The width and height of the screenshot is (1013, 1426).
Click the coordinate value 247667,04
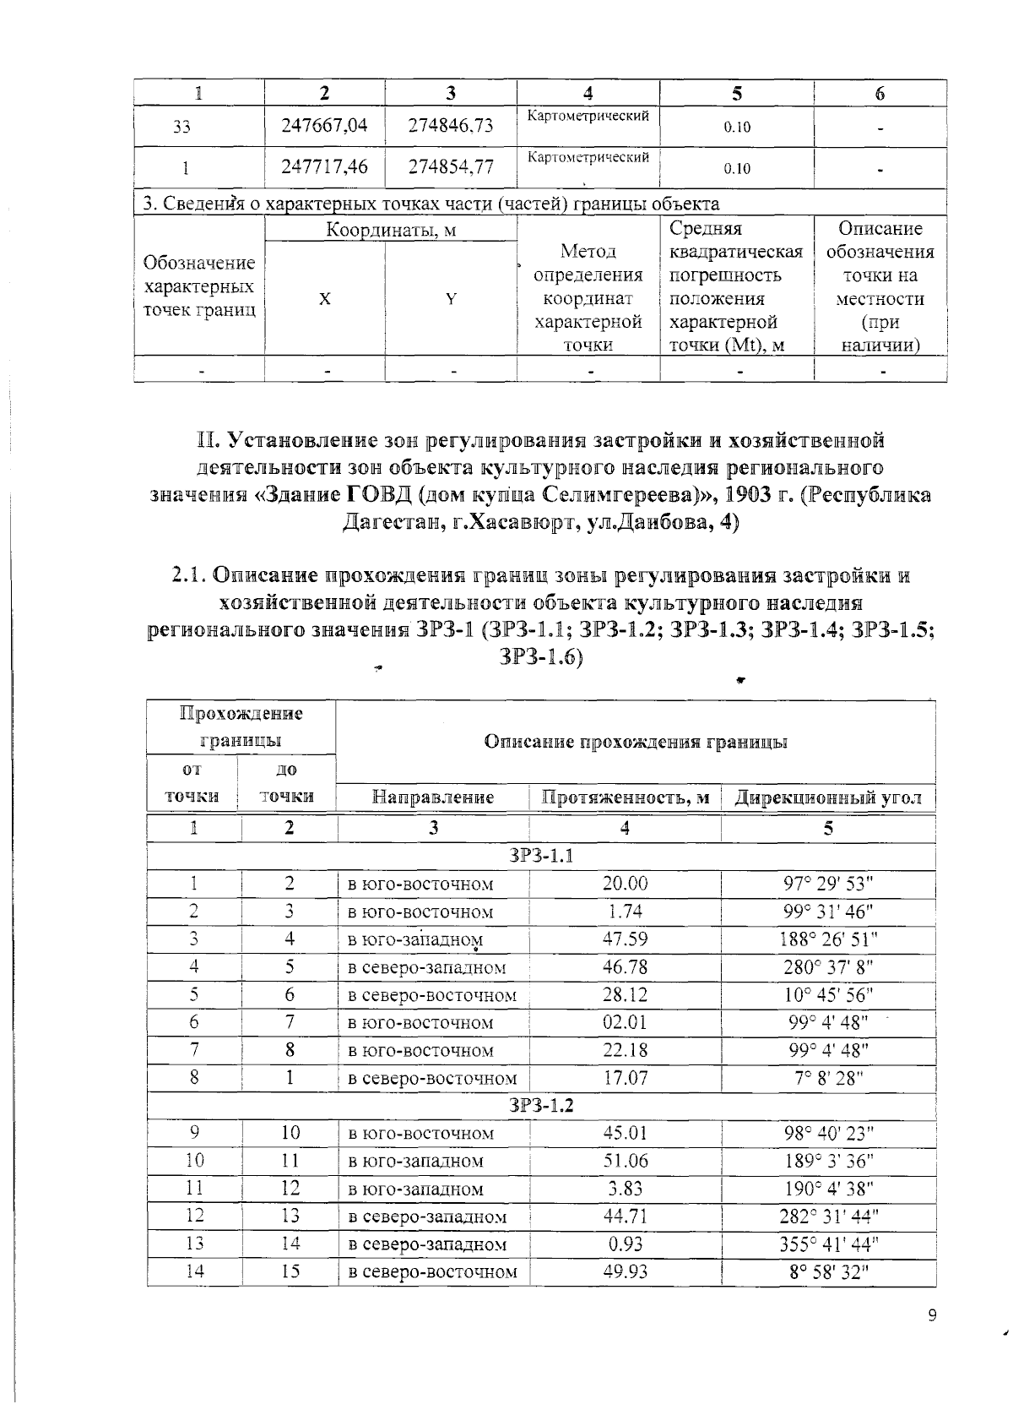[x=324, y=126]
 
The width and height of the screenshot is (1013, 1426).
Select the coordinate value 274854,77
[x=450, y=167]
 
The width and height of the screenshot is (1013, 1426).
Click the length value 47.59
[x=625, y=939]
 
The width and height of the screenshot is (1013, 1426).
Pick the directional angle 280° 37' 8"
[x=828, y=967]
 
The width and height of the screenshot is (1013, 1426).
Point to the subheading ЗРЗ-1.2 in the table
[x=541, y=1106]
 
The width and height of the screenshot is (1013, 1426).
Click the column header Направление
[x=433, y=797]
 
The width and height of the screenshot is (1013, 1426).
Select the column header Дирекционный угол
[x=828, y=797]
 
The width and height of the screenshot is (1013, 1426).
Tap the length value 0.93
[x=625, y=1244]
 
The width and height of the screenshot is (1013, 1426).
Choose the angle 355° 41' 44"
[x=828, y=1244]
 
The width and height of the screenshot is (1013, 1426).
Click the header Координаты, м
[x=391, y=229]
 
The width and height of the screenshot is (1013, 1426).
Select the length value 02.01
[x=625, y=1023]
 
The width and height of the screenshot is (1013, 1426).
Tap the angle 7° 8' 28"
[x=828, y=1079]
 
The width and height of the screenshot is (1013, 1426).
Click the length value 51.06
[x=625, y=1162]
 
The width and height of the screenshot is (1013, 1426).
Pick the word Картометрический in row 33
[x=588, y=116]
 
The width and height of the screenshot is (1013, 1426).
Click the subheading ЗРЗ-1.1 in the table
[x=541, y=856]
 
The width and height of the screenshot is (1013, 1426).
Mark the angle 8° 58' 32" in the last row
[x=828, y=1272]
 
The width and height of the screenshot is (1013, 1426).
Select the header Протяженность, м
[x=625, y=797]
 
